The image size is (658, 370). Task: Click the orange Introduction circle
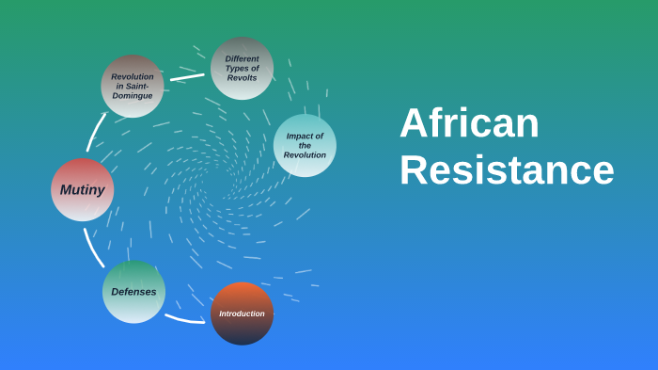pyautogui.click(x=242, y=314)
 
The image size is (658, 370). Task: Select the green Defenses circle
pyautogui.click(x=133, y=292)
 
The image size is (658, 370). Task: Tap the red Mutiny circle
pyautogui.click(x=82, y=189)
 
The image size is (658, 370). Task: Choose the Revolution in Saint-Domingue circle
pyautogui.click(x=133, y=86)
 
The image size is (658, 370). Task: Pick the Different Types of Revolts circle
pyautogui.click(x=242, y=68)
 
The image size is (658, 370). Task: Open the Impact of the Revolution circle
pyautogui.click(x=305, y=146)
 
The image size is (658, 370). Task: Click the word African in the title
pyautogui.click(x=469, y=123)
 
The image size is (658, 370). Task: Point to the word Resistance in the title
pyautogui.click(x=507, y=170)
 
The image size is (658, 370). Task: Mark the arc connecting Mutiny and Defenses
pyautogui.click(x=90, y=248)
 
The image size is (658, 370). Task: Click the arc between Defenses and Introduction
pyautogui.click(x=184, y=319)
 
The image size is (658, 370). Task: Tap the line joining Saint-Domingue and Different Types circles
pyautogui.click(x=187, y=77)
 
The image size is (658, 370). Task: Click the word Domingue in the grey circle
pyautogui.click(x=133, y=96)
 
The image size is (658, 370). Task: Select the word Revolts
pyautogui.click(x=242, y=78)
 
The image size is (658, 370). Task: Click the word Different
pyautogui.click(x=242, y=58)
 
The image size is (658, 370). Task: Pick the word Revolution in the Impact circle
pyautogui.click(x=305, y=155)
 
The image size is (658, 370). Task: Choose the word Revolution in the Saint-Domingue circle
pyautogui.click(x=133, y=76)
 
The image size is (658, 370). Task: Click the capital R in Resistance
pyautogui.click(x=412, y=171)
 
